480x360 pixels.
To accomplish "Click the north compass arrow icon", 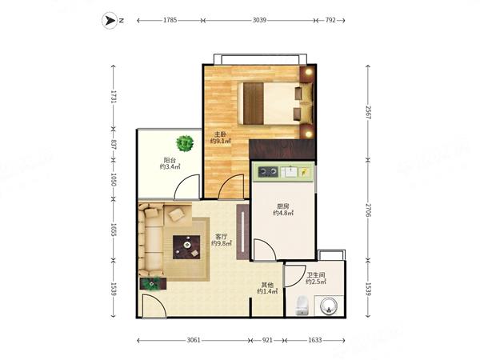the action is coord(109,21).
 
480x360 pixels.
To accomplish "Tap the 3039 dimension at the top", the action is coord(259,20).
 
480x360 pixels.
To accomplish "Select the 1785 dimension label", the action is coord(170,20).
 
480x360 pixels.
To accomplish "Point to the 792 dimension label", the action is coord(330,20).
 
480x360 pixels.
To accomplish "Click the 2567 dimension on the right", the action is coord(368,113).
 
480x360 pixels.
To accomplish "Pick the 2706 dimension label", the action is coord(368,210).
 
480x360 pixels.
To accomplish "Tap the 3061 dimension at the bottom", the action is coord(194,340).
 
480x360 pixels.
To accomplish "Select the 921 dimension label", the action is coord(267,340).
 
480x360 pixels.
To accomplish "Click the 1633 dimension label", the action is coord(315,340).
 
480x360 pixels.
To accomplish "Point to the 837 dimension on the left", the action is coord(114,145).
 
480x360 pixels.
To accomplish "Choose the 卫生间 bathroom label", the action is coord(316,275).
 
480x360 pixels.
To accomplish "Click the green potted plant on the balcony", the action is coord(185,143).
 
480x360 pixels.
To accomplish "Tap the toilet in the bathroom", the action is coord(302,306).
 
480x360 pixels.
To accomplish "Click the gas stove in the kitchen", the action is coord(268,172).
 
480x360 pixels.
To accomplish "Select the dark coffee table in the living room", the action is coord(186,247).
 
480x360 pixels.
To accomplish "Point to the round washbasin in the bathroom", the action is coord(329,306).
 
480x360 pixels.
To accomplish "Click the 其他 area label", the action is coord(267,284).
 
